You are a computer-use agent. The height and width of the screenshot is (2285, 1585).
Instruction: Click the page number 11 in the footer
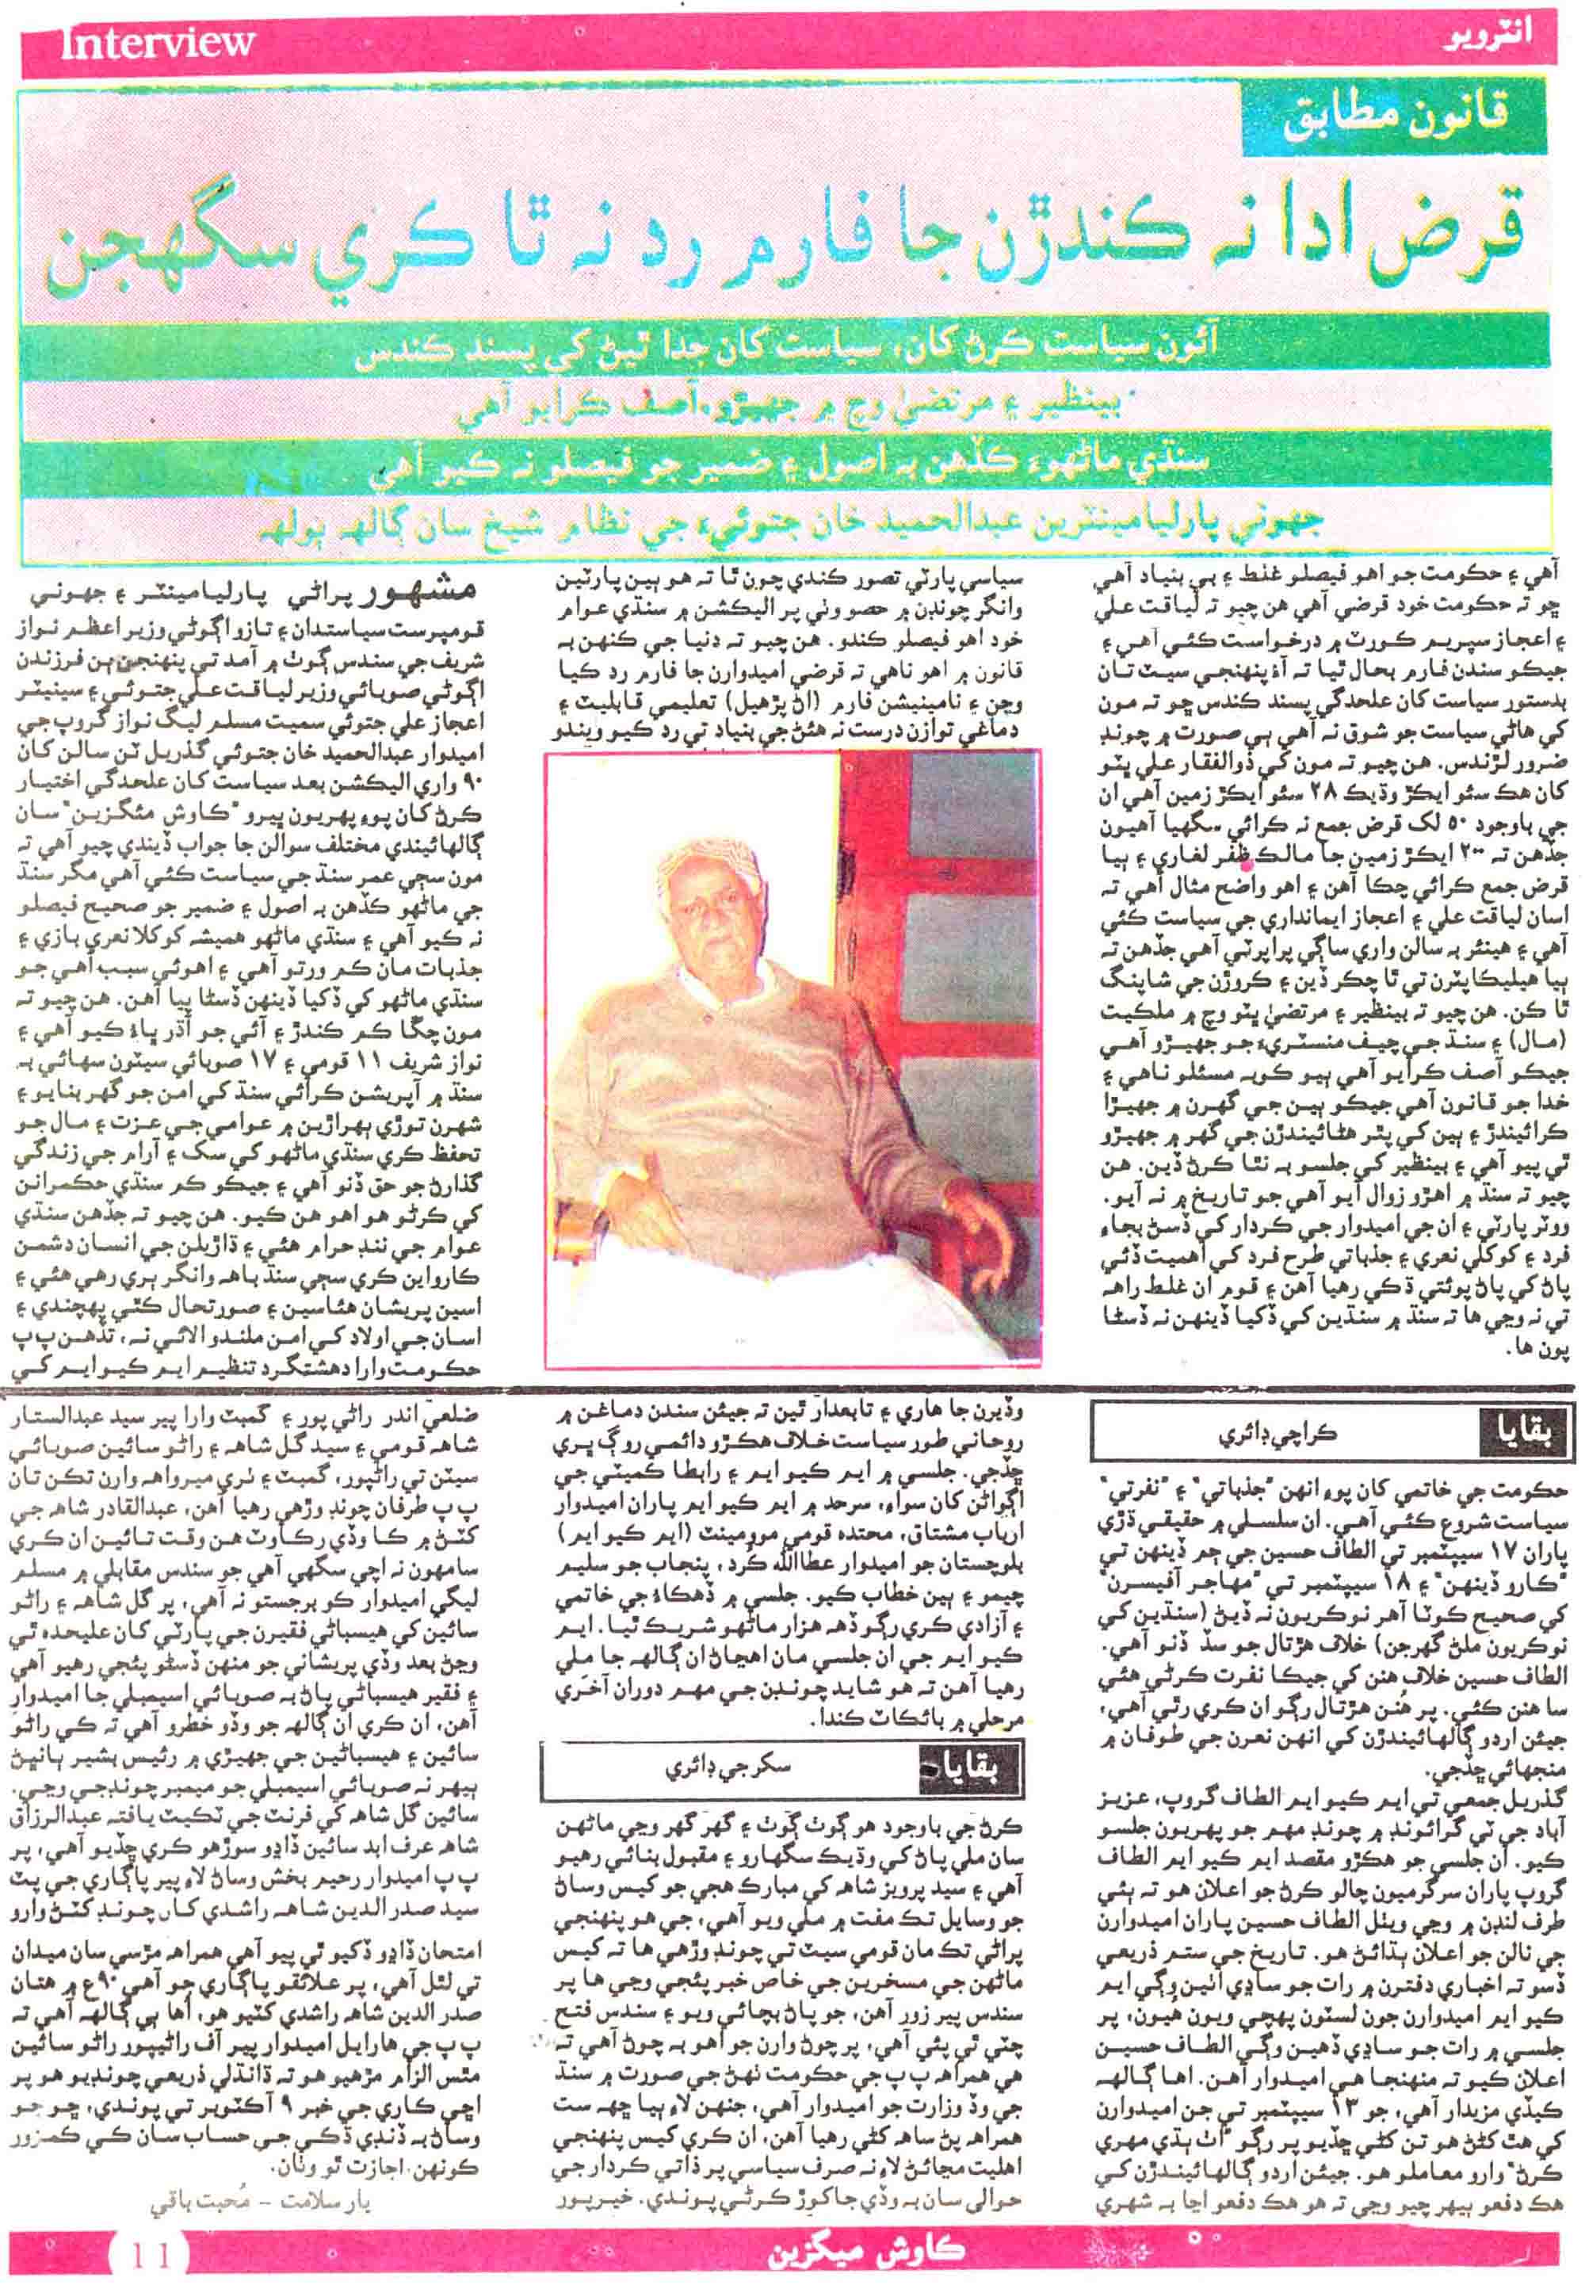tap(150, 2247)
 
